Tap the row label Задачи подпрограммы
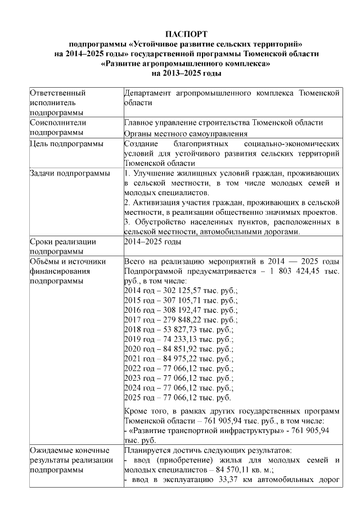coord(69,173)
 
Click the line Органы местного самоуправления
coord(186,134)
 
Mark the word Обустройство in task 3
coord(157,222)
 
